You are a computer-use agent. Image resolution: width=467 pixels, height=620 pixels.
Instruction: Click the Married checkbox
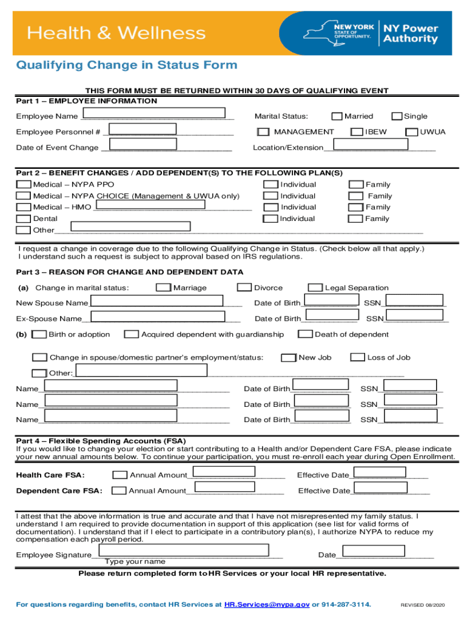[x=337, y=116]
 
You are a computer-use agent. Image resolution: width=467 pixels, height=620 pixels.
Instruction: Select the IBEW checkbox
[x=357, y=132]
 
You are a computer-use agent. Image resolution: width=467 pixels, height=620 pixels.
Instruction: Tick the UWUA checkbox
[x=412, y=132]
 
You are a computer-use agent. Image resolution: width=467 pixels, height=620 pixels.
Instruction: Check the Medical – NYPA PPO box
[x=24, y=185]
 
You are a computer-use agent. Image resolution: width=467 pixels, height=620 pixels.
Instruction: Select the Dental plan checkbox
[x=24, y=219]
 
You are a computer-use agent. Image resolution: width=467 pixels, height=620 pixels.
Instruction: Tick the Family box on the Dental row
[x=356, y=219]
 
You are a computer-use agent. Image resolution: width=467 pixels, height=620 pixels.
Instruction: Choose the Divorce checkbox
[x=244, y=288]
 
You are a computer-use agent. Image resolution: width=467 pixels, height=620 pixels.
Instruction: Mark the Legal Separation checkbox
[x=315, y=288]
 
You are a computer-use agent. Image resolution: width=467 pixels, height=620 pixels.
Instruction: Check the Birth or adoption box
[x=39, y=334]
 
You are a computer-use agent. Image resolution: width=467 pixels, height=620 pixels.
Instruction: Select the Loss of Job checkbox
[x=358, y=357]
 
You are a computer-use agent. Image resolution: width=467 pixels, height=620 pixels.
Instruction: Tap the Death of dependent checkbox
[x=306, y=334]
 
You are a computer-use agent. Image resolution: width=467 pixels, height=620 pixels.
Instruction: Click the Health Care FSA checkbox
[x=120, y=475]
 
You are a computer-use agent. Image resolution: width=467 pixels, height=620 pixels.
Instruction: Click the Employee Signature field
[x=184, y=550]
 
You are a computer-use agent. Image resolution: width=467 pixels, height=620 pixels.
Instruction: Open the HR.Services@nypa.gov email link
[x=267, y=605]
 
